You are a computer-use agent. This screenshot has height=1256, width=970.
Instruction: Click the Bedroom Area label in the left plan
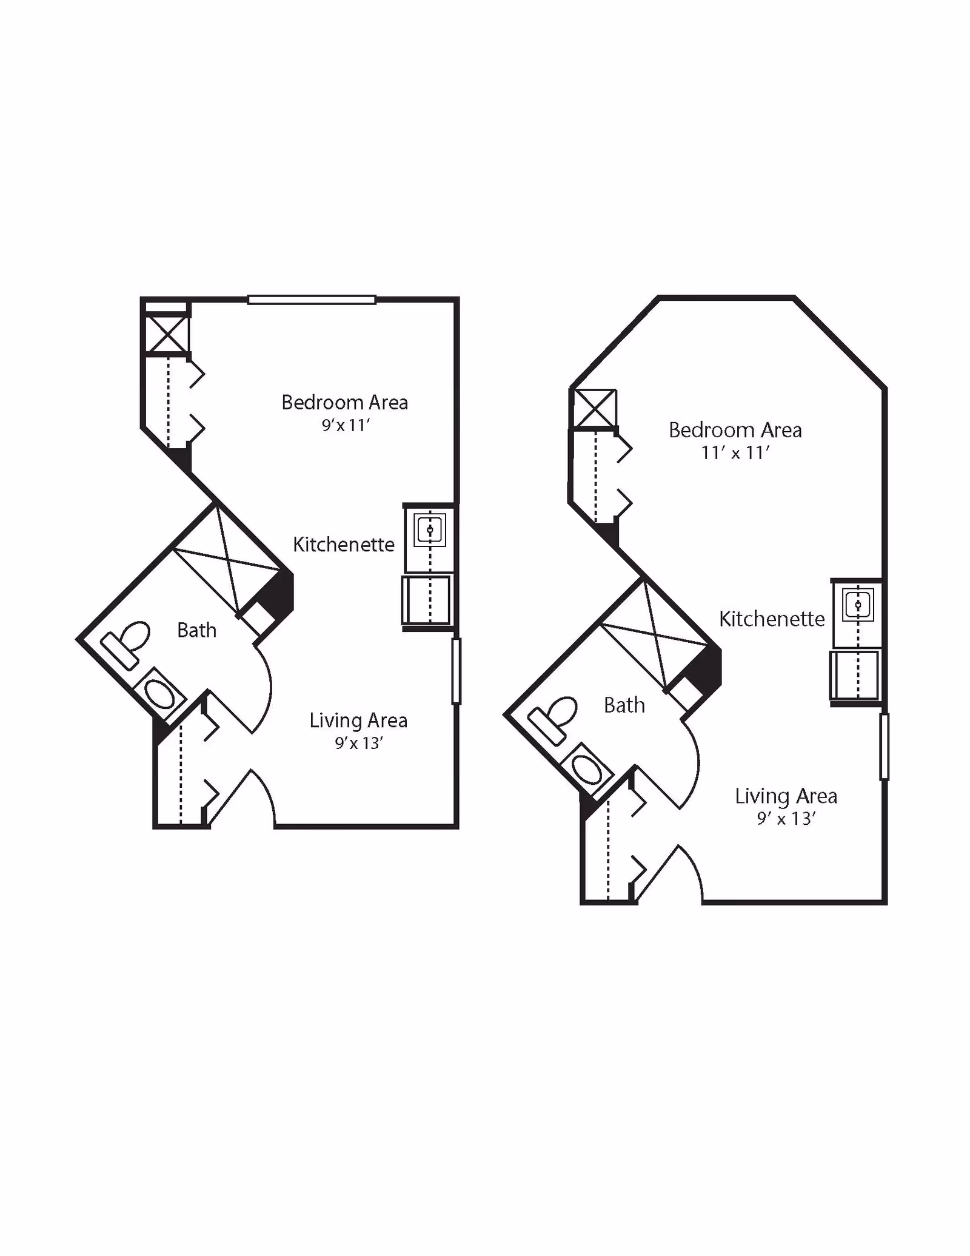pos(344,402)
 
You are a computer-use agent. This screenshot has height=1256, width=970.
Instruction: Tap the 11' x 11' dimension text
pos(735,452)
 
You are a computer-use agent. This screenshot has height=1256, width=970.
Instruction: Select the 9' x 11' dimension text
pos(346,425)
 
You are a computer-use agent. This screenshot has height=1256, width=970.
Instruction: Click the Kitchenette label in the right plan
pos(771,619)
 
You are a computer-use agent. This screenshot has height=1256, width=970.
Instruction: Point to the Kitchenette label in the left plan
pos(344,544)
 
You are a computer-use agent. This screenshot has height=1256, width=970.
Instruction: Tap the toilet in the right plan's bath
pos(554,719)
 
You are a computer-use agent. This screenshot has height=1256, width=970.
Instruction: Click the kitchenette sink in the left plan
pos(430,530)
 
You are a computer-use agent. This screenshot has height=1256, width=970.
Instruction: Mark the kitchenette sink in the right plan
pos(858,605)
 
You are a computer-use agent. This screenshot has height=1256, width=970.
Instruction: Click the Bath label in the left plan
pos(196,630)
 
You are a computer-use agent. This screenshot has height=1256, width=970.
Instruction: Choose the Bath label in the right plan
pos(624,705)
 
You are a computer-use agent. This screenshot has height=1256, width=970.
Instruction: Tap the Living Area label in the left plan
pos(358,720)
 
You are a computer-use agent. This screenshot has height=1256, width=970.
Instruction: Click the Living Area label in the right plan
pos(786,795)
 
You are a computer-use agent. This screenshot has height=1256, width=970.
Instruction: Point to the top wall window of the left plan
pos(312,299)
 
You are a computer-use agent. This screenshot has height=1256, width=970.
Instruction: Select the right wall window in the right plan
pos(884,747)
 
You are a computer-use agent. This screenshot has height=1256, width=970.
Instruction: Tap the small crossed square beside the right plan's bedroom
pos(595,408)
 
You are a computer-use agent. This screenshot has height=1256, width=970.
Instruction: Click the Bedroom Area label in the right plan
pos(735,430)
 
